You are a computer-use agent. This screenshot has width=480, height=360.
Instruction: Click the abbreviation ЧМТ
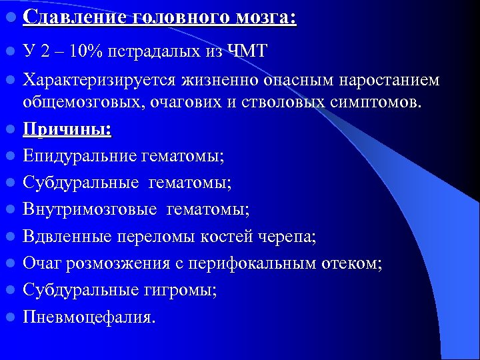coord(247,51)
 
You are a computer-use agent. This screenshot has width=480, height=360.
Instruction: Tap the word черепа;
coord(286,237)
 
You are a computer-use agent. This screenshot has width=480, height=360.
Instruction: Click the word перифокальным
coord(259,263)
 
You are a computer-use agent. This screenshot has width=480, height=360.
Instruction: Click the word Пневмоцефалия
coord(89,317)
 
